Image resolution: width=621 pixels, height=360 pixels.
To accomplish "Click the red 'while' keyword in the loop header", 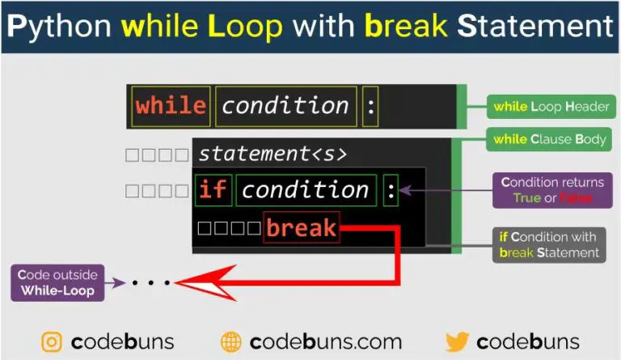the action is [x=171, y=106].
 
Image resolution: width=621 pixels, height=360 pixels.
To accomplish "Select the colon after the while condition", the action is [x=370, y=107].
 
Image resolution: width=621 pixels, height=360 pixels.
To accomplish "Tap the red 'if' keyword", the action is [x=213, y=189].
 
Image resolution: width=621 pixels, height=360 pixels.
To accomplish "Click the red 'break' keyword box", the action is [x=302, y=227].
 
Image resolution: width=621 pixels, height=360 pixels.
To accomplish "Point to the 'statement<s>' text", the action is [x=272, y=154].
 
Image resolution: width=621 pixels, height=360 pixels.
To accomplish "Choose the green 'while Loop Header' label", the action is [x=551, y=107].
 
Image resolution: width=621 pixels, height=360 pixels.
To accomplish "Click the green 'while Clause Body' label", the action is [x=549, y=139].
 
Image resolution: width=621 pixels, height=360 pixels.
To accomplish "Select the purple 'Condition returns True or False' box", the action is [x=552, y=190].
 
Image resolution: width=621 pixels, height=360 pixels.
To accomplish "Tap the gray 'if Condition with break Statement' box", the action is [x=549, y=245].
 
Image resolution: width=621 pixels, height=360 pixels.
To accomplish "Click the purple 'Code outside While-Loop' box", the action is [x=58, y=283].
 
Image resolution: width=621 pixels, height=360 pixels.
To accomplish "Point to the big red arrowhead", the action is [x=206, y=283].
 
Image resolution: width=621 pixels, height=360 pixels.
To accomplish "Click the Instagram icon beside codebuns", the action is [x=52, y=341].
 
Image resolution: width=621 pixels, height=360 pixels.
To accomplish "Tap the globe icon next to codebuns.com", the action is [x=231, y=342].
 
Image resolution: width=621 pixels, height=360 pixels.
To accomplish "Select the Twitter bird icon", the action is [x=458, y=341].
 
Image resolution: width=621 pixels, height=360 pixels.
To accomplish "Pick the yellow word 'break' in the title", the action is [x=406, y=26].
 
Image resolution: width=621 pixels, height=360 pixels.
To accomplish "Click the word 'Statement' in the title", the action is [x=535, y=26].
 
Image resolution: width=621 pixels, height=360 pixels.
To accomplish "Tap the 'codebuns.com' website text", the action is [x=326, y=341].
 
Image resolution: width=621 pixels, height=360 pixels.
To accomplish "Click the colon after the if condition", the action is [x=391, y=190].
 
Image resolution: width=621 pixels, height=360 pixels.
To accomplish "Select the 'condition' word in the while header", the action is [x=285, y=106].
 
